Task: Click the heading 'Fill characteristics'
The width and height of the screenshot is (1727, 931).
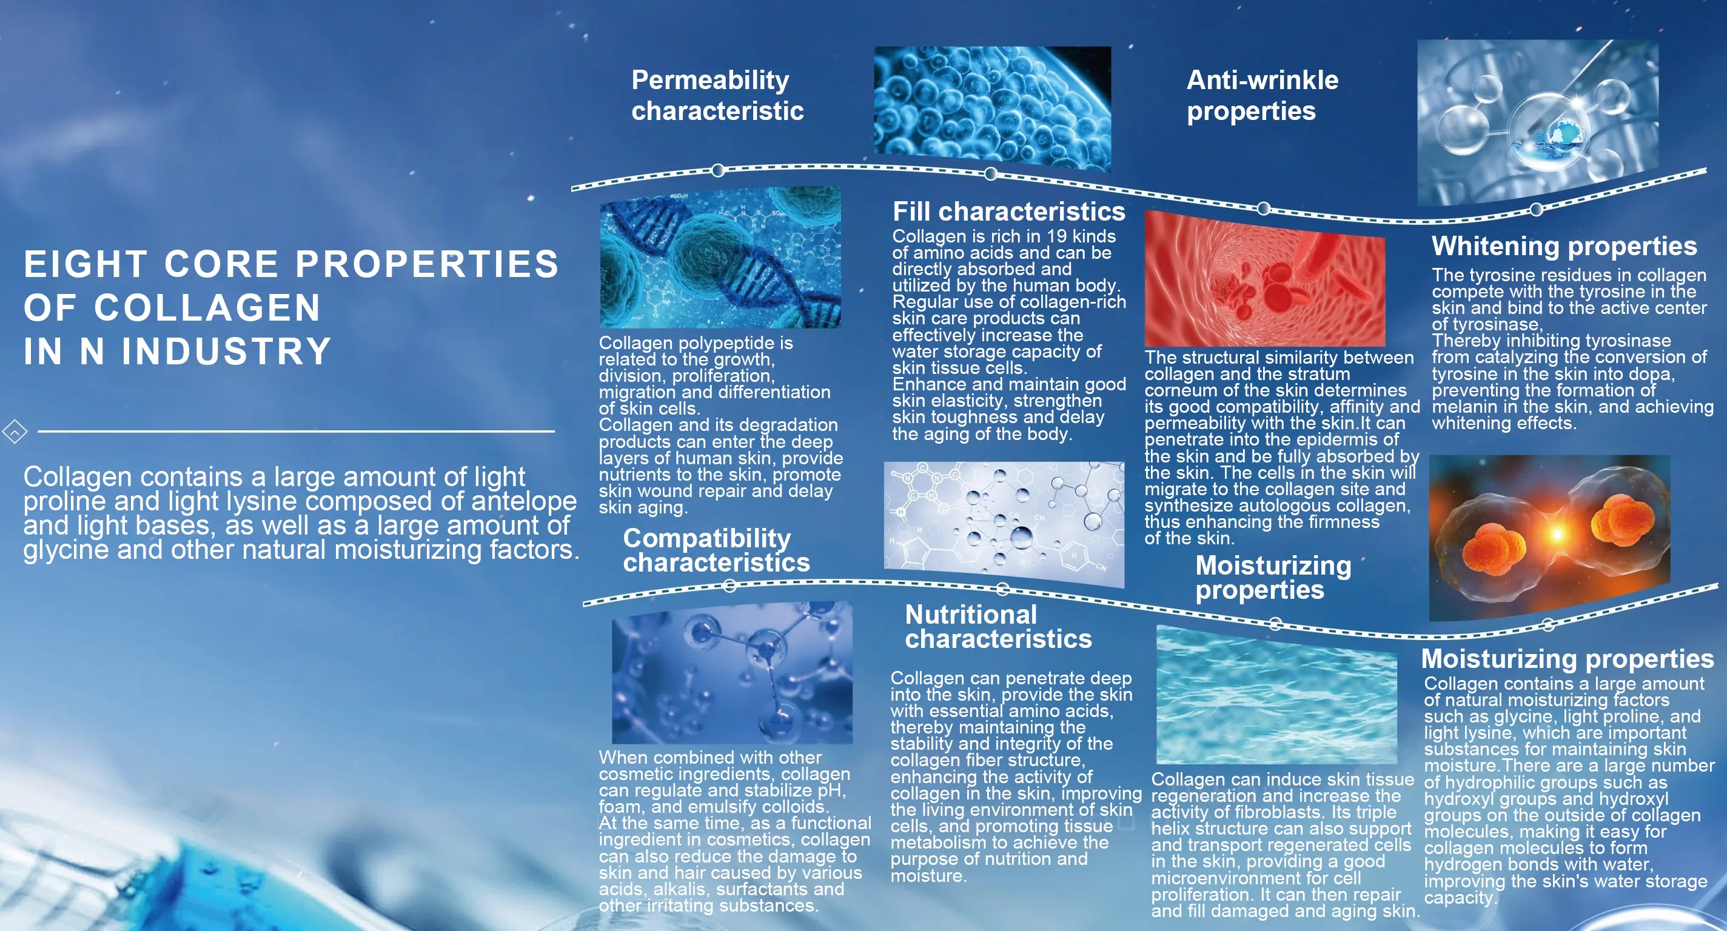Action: tap(1008, 212)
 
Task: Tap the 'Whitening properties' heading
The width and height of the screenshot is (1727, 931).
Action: tap(1564, 247)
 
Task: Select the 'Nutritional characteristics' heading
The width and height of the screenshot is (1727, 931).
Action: tap(998, 627)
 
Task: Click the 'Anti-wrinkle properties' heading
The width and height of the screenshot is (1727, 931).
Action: tap(1263, 95)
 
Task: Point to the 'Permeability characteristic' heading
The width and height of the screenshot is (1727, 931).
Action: tap(717, 95)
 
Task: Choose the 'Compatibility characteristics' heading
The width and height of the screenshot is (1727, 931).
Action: tap(716, 550)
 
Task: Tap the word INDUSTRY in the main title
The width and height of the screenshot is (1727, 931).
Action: tap(227, 351)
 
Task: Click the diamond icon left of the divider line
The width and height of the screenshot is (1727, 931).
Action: tap(15, 432)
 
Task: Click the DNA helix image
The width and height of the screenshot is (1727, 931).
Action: tap(720, 258)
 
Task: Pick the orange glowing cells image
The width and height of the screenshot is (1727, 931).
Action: tap(1549, 538)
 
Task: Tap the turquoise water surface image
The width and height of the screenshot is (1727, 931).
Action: tap(1276, 695)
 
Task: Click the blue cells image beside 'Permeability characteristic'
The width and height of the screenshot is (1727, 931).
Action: tap(992, 109)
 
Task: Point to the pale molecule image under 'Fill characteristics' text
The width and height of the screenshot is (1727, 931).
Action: tap(1004, 524)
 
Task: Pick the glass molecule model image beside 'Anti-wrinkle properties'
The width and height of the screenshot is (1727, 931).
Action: tap(1538, 122)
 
